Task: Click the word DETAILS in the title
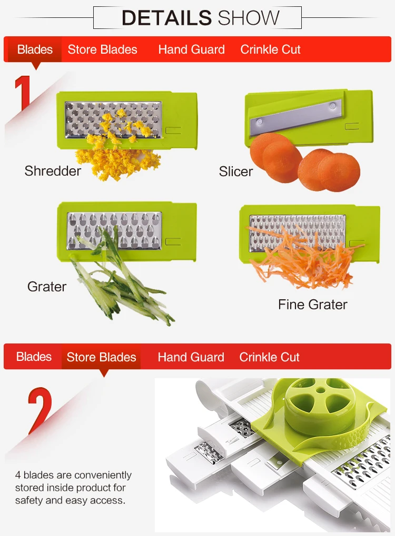coord(167,18)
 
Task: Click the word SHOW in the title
coord(249,18)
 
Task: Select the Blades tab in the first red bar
coord(35,49)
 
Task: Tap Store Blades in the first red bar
coord(102,49)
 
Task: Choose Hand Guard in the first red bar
coord(191,49)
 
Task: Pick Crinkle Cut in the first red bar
coord(270,49)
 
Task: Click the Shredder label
coord(53,171)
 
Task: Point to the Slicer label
coord(236,171)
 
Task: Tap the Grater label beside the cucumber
coord(47,287)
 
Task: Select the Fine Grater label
coord(312,305)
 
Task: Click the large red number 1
coord(23,93)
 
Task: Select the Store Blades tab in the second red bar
coord(101,357)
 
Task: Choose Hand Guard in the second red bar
coord(191,357)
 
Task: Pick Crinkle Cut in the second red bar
coord(269,357)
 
